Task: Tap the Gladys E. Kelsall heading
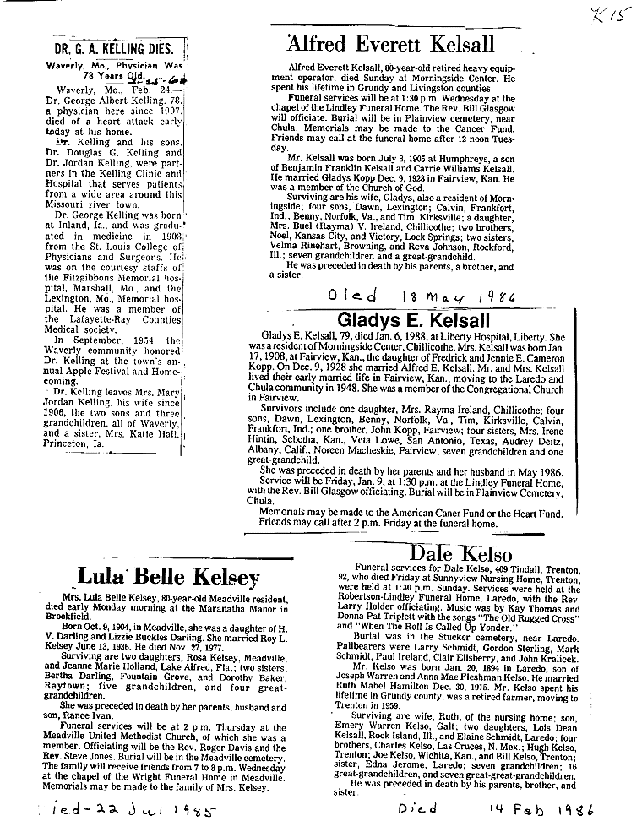(x=413, y=320)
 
